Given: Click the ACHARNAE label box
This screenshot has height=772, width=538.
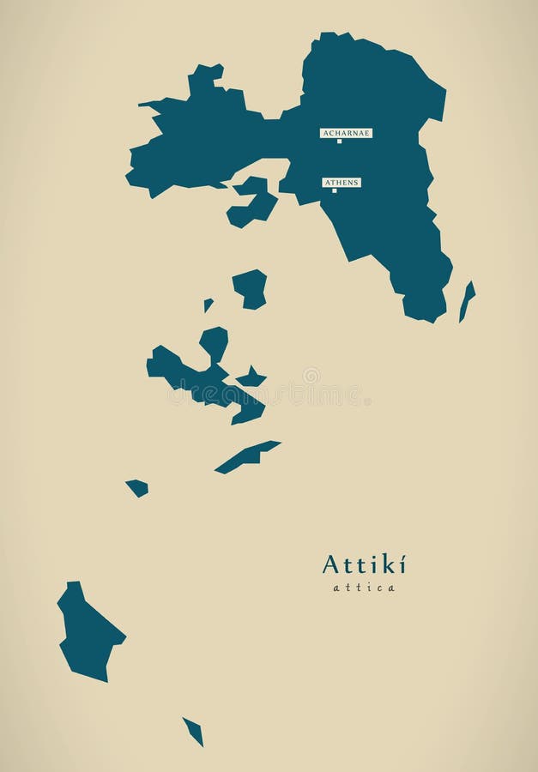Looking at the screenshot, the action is click(346, 133).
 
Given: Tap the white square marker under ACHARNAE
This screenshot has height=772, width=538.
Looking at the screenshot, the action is click(339, 142).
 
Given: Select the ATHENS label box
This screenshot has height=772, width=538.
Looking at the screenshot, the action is click(341, 183).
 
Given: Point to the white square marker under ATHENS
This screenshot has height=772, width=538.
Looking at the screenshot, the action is click(334, 190).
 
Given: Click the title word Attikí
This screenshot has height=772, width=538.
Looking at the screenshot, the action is click(364, 564).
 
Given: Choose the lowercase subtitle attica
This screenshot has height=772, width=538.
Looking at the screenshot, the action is click(364, 588).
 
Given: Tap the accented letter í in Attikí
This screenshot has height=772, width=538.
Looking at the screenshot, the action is click(401, 564).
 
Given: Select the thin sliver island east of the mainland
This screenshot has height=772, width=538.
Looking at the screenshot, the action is click(467, 300).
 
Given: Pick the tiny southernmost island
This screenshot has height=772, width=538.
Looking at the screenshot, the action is click(193, 731).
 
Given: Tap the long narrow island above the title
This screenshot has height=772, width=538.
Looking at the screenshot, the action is click(247, 456).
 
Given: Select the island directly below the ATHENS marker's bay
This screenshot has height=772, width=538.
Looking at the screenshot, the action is click(252, 202).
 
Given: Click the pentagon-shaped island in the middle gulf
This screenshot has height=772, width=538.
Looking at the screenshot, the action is click(250, 287).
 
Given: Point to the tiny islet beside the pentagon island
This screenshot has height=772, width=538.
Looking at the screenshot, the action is click(208, 304).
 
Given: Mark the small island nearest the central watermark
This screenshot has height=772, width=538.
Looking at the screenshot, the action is click(251, 377).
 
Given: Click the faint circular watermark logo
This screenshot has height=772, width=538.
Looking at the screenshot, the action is click(311, 376).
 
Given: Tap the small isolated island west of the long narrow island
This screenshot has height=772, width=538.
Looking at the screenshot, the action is click(137, 487).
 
